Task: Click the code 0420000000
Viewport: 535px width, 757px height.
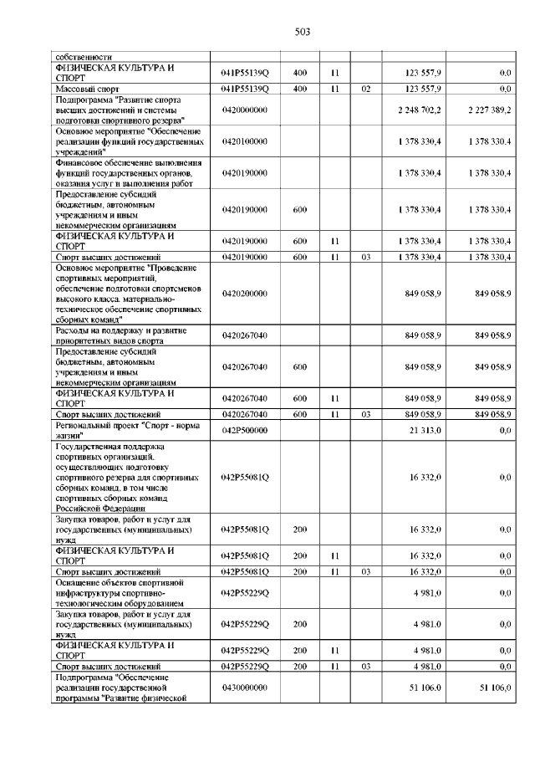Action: tap(245, 110)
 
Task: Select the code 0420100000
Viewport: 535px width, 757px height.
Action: tap(245, 141)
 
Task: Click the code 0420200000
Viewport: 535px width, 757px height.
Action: tap(245, 294)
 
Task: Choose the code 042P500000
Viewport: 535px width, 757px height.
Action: tap(245, 430)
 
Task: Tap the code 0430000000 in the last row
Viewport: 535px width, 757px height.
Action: tap(245, 687)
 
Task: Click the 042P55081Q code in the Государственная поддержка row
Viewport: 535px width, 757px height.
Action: tap(245, 478)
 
